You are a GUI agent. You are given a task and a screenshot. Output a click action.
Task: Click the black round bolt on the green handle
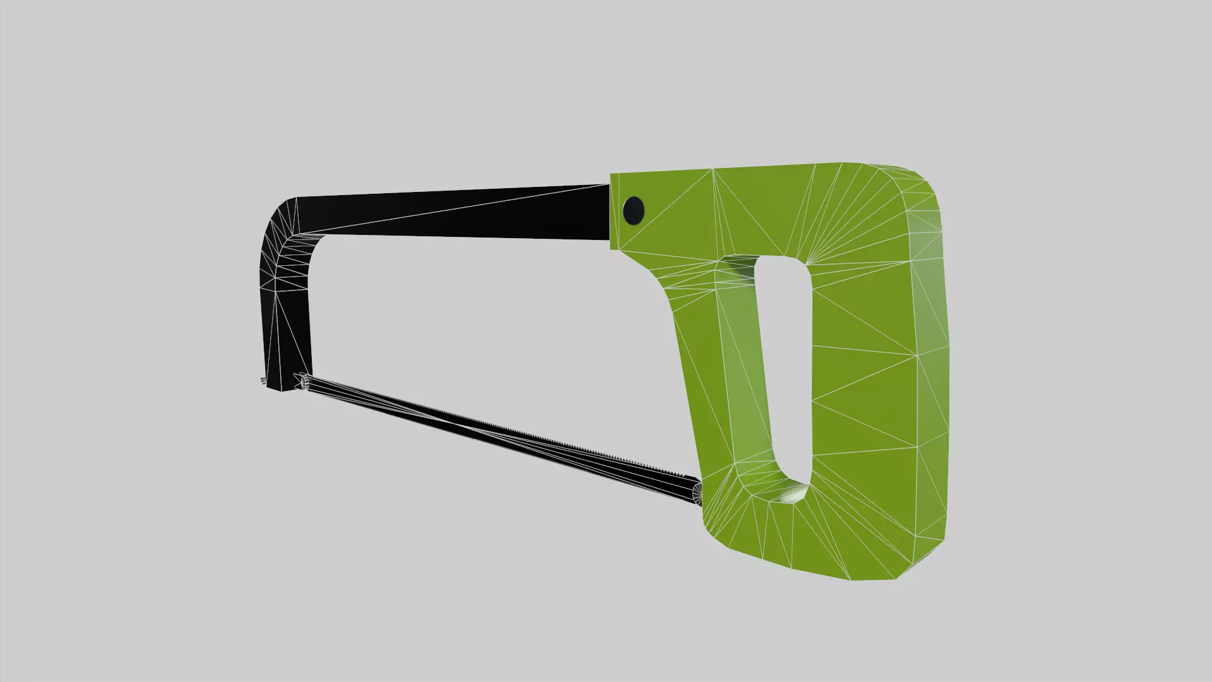pos(633,210)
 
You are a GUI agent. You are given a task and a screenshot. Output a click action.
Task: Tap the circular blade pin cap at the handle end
pos(698,493)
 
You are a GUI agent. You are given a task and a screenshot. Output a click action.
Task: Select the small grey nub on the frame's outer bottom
pos(262,380)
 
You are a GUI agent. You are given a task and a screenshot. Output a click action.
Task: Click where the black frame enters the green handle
pos(609,212)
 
